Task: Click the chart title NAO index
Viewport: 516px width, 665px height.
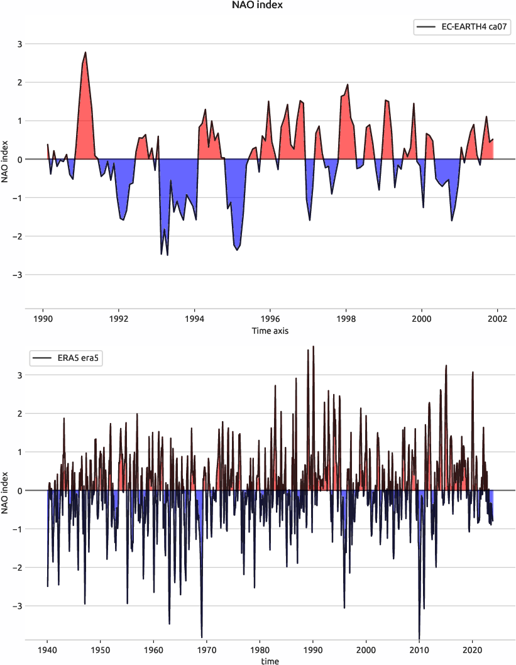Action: click(258, 6)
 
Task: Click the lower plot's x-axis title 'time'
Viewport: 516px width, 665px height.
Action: click(270, 661)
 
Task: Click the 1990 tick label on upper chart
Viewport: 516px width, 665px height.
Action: click(43, 318)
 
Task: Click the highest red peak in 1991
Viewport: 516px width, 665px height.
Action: click(85, 53)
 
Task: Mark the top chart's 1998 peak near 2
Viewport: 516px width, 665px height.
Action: click(348, 84)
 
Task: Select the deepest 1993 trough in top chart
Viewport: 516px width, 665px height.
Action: click(167, 255)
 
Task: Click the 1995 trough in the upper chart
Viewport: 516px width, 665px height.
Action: click(237, 250)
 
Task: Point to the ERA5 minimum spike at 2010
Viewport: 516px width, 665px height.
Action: click(419, 637)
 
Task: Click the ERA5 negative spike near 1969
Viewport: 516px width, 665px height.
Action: click(202, 637)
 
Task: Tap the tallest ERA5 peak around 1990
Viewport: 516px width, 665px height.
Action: click(313, 346)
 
